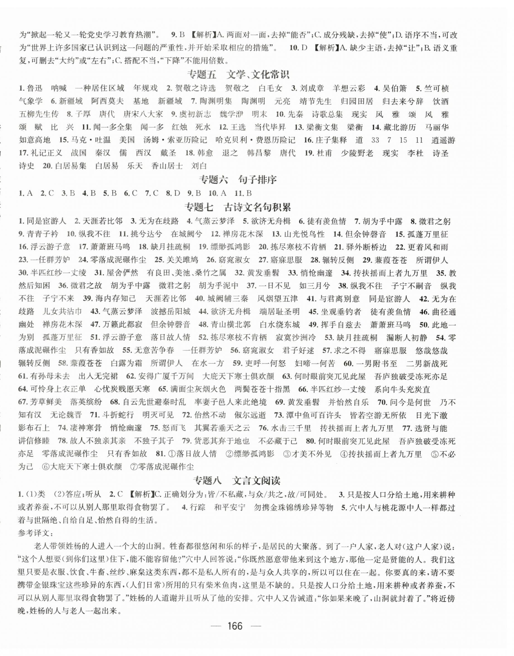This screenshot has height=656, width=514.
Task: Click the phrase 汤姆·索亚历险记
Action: click(x=175, y=140)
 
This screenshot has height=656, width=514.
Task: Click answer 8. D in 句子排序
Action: click(x=173, y=193)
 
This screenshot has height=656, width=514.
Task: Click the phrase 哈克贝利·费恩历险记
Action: click(x=255, y=140)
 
